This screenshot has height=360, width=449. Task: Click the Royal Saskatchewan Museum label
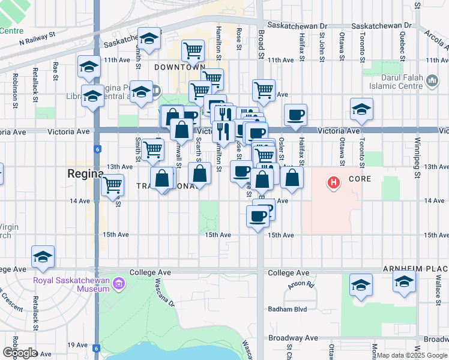click(x=73, y=283)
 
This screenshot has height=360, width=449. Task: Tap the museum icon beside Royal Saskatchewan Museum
click(x=119, y=283)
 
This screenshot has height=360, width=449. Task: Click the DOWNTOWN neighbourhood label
click(x=179, y=67)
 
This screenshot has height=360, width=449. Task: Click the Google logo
click(x=20, y=353)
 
